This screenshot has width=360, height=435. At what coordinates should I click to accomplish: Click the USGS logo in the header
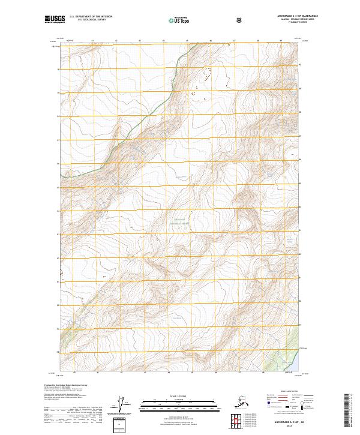pos(55,20)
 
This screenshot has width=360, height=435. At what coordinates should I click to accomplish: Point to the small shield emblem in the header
pos(240,19)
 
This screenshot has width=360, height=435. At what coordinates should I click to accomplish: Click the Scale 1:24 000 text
pos(179,395)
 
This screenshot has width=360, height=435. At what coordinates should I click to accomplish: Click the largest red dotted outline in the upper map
pos(207,74)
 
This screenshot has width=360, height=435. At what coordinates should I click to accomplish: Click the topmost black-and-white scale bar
pos(179,400)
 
